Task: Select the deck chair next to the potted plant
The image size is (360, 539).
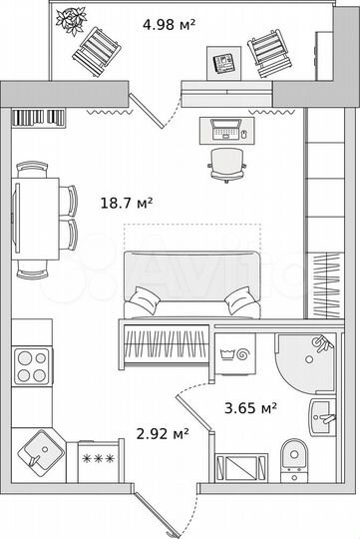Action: (100, 49)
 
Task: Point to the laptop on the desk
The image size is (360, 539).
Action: (225, 129)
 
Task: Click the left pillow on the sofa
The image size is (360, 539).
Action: (146, 297)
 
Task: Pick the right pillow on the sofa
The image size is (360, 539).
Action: (239, 297)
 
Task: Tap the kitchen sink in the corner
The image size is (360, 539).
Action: (41, 452)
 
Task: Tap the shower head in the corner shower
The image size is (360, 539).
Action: (318, 345)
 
